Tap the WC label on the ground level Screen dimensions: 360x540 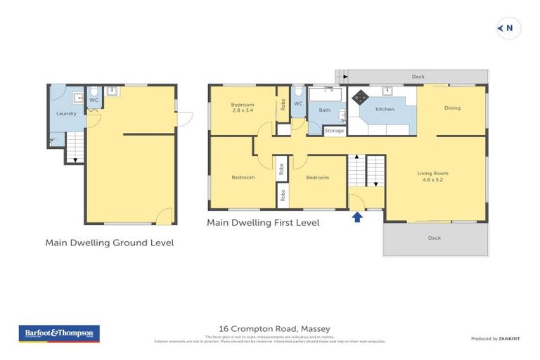click(93, 101)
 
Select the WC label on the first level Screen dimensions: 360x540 click(297, 104)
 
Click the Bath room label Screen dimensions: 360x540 click(324, 110)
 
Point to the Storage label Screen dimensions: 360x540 click(335, 131)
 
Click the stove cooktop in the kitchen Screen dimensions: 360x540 click(361, 97)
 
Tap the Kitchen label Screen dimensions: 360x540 click(385, 110)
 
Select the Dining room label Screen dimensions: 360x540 click(452, 108)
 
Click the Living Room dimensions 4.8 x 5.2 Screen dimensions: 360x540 click(433, 180)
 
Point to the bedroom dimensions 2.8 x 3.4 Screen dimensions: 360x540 click(242, 111)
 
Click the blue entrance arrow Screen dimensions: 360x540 click(357, 217)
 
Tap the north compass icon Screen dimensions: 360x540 click(508, 28)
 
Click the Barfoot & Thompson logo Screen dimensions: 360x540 click(59, 333)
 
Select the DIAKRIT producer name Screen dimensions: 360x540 click(510, 339)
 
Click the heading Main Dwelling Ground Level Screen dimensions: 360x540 click(109, 243)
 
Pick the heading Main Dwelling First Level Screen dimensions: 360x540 click(263, 223)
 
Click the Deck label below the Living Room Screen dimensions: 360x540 click(435, 238)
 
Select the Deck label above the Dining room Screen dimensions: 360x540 click(418, 76)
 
